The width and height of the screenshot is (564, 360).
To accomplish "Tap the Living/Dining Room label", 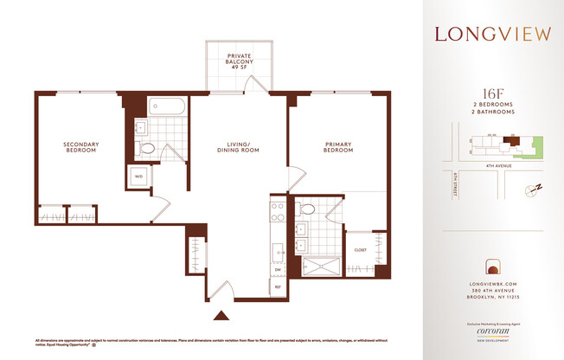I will (237, 147).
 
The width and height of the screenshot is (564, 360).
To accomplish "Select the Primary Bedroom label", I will (338, 147).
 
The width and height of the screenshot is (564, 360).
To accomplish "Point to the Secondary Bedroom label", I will (80, 147).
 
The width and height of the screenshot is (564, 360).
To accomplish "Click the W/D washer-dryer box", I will (138, 177).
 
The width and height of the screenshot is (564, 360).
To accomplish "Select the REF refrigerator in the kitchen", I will (279, 286).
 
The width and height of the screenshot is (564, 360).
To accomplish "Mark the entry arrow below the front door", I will (221, 316).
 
